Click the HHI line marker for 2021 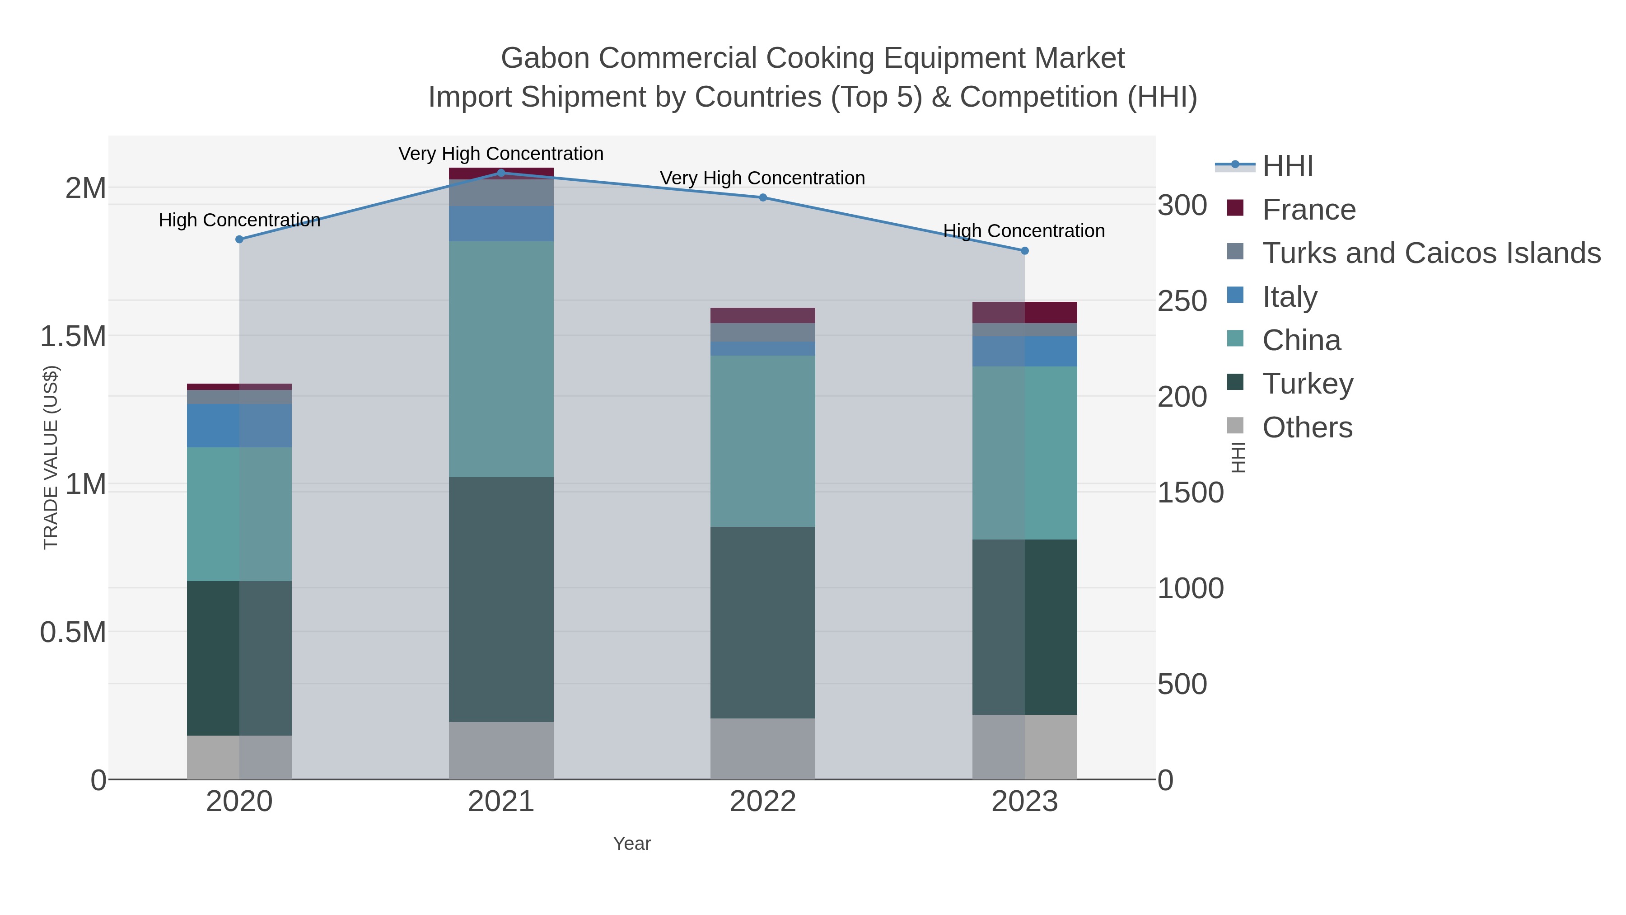[x=501, y=173]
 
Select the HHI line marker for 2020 [x=239, y=239]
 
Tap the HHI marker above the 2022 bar [x=762, y=197]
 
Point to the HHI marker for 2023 [x=1024, y=251]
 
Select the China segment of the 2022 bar [x=762, y=441]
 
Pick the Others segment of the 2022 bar [x=762, y=748]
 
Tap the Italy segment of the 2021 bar [x=501, y=224]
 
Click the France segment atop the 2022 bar [x=762, y=315]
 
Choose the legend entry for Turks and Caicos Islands [x=1431, y=253]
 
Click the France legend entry [x=1308, y=210]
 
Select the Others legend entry [x=1307, y=427]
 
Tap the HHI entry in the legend [x=1288, y=166]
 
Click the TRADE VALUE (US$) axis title [x=51, y=457]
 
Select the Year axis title [x=632, y=844]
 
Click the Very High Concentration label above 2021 [x=501, y=154]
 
